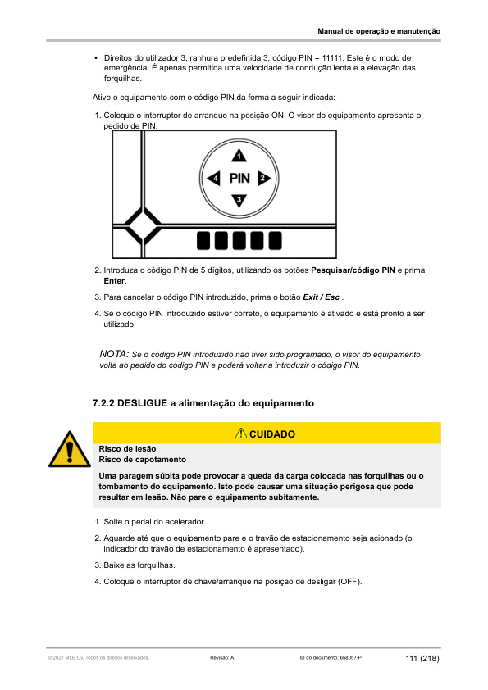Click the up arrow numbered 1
239,155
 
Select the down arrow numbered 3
239,200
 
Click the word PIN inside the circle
239,178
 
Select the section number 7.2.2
107,403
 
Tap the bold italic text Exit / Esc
322,297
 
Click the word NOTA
113,354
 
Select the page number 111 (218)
422,659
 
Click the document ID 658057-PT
345,659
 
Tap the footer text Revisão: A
222,659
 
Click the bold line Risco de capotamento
142,460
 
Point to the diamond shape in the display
142,224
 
